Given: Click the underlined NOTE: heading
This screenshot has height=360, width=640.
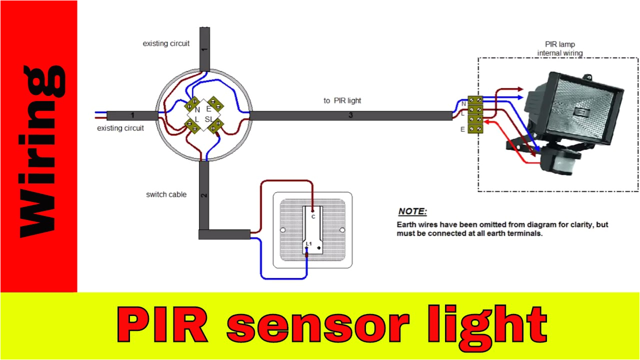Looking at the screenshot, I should [x=412, y=211].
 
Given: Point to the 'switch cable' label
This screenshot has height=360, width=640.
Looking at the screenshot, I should [x=166, y=194].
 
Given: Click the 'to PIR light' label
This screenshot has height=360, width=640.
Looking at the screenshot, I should [x=342, y=100].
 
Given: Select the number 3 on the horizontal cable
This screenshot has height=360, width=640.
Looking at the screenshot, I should [x=351, y=116].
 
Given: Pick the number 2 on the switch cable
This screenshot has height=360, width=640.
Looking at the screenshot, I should [x=203, y=194].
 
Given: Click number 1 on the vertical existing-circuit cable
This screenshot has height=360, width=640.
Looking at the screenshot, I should [x=203, y=49].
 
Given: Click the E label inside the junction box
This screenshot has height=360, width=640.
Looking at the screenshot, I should [x=208, y=108].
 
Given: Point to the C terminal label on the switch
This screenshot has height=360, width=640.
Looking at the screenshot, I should [x=313, y=216].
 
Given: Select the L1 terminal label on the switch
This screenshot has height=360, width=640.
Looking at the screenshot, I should [x=309, y=243].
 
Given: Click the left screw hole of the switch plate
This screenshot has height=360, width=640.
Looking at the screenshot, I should [x=283, y=230].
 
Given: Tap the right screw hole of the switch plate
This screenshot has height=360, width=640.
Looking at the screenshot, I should [x=342, y=230].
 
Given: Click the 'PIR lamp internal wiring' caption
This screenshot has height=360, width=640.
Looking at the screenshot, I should [x=559, y=48].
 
